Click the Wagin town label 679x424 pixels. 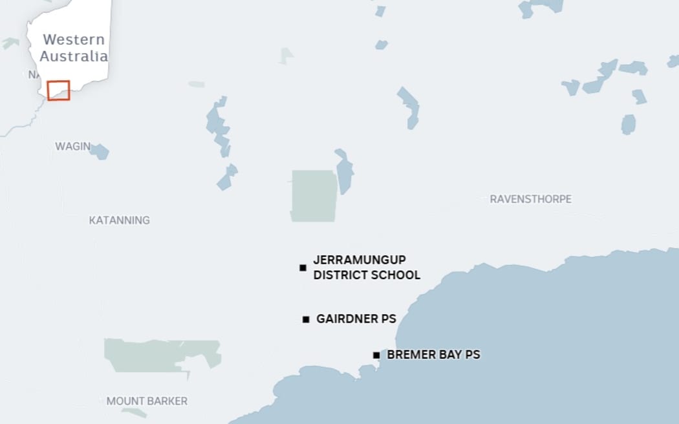pos(72,147)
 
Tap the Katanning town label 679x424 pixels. pos(119,220)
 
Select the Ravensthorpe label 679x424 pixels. pos(530,199)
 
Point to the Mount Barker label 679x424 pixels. pos(147,401)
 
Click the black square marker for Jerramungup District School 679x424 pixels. pos(303,268)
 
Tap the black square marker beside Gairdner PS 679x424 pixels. pos(306,319)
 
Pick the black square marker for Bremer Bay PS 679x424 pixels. pos(376,355)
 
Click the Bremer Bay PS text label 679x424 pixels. pos(433,355)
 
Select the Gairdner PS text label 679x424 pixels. pos(356,319)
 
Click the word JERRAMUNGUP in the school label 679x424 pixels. pos(360,260)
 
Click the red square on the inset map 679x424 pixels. pos(58,90)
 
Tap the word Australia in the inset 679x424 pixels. pos(74,56)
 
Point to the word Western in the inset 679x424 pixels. pos(73,39)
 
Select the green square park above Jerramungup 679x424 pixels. pos(313,195)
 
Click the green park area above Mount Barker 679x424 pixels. pos(155,355)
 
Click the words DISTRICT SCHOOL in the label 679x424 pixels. pos(367,275)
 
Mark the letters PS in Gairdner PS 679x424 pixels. pos(388,319)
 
